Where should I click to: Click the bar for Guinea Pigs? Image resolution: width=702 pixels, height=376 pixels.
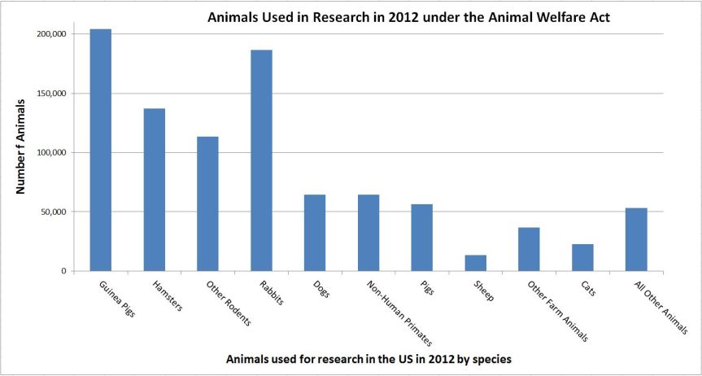click(101, 150)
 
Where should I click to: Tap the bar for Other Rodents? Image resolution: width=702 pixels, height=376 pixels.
click(207, 203)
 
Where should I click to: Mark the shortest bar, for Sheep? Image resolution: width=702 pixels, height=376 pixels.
click(475, 263)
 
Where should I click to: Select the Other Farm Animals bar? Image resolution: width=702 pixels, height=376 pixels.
click(529, 249)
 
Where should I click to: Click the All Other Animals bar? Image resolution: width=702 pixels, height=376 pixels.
click(636, 239)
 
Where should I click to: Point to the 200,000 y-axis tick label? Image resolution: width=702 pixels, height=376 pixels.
click(51, 34)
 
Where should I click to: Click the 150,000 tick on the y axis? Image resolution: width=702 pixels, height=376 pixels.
click(51, 94)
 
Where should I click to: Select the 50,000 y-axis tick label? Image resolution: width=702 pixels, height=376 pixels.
click(54, 212)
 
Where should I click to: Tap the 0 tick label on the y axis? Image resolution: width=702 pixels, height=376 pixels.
click(63, 271)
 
